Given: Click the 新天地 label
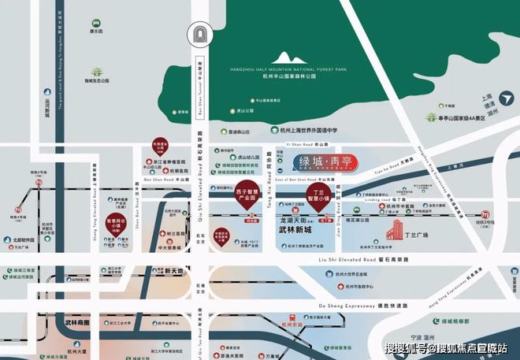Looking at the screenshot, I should click(x=174, y=271).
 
